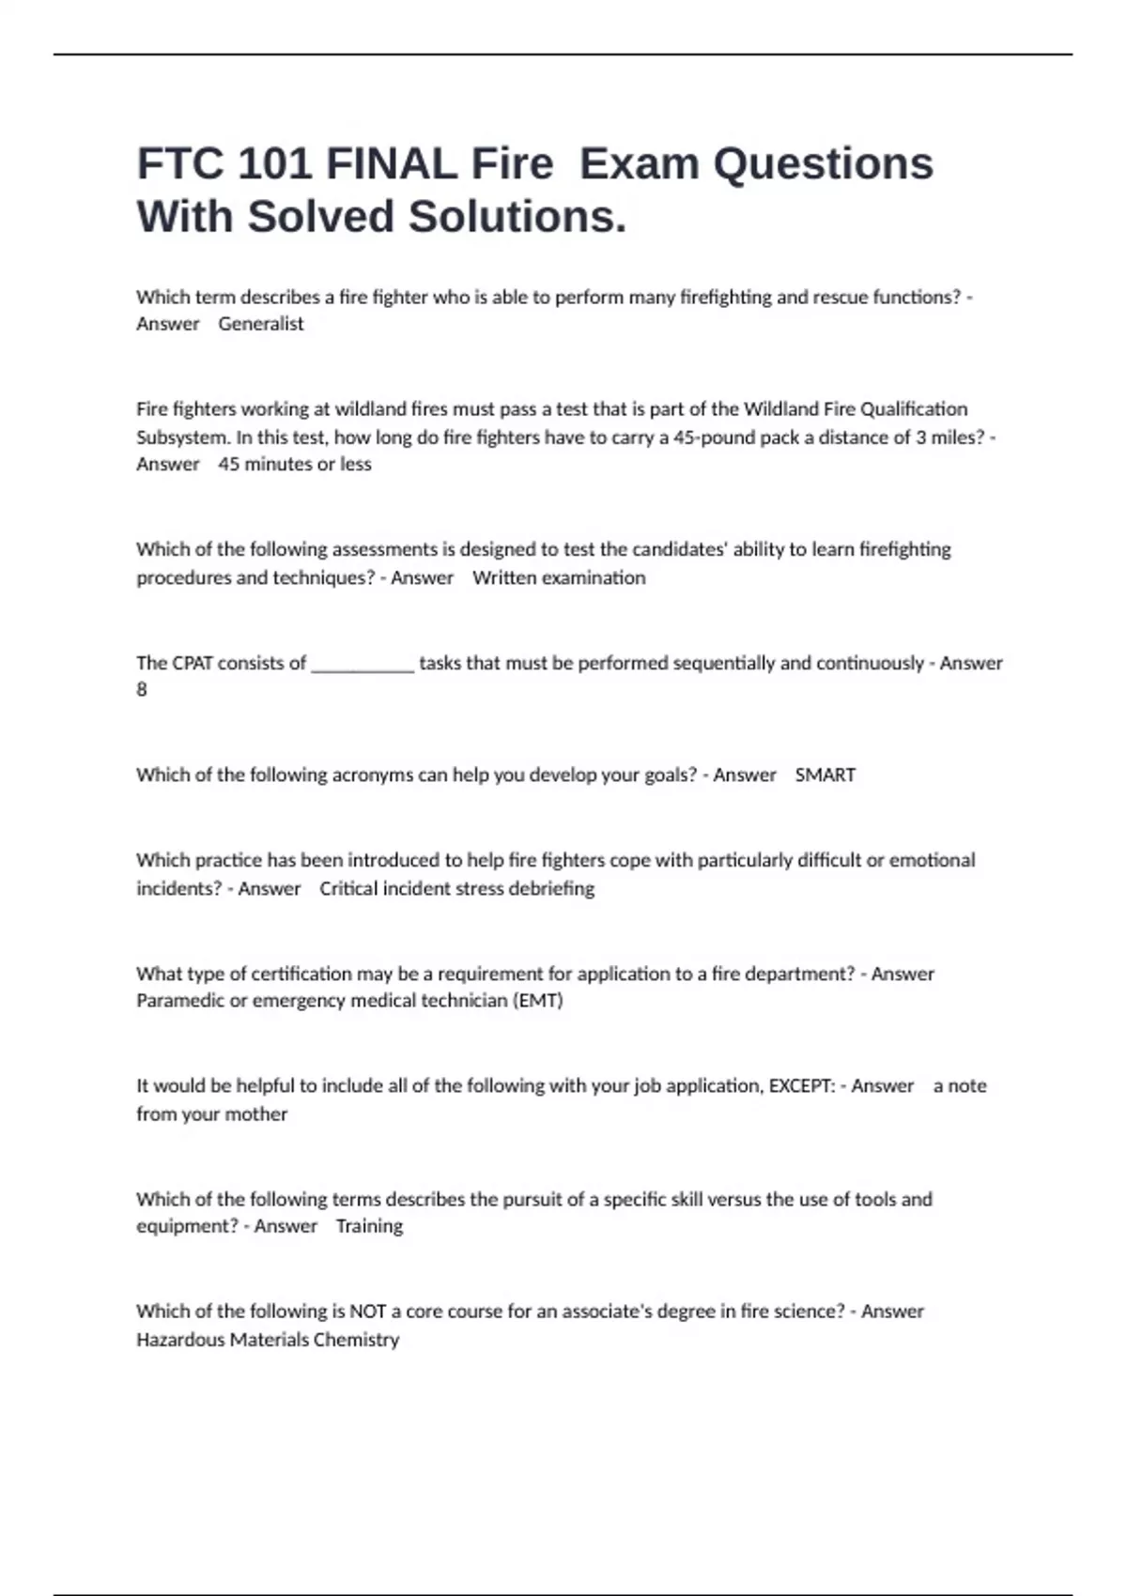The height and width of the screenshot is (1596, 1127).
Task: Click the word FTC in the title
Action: (179, 164)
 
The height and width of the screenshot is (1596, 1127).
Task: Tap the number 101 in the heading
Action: (273, 164)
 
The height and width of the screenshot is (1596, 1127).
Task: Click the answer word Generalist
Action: (261, 324)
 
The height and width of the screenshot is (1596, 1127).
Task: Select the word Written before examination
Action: (508, 577)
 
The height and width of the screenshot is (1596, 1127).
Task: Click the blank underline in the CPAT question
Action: (363, 668)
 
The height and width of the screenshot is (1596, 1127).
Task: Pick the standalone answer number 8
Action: (142, 690)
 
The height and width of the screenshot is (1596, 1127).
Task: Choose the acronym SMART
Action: (826, 775)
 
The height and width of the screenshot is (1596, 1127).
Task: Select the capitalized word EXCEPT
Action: (802, 1086)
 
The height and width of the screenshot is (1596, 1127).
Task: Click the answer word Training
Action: (369, 1226)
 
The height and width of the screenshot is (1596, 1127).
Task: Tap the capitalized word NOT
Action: (367, 1312)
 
